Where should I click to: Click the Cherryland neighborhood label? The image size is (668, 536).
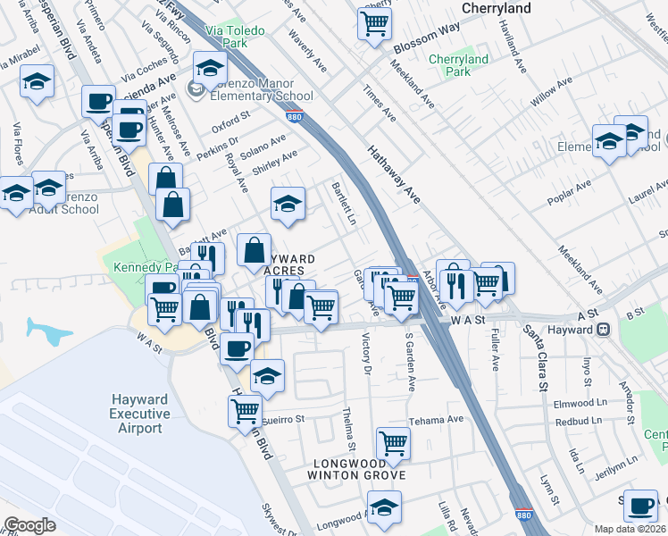pyautogui.click(x=497, y=8)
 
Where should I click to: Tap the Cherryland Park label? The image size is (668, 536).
pyautogui.click(x=458, y=65)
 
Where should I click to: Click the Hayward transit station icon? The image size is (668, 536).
pyautogui.click(x=605, y=330)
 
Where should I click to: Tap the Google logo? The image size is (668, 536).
pyautogui.click(x=29, y=525)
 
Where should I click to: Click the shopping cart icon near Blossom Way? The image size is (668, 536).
pyautogui.click(x=374, y=22)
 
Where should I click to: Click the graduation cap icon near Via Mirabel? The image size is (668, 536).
pyautogui.click(x=38, y=82)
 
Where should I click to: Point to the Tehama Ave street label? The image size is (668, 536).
pyautogui.click(x=437, y=419)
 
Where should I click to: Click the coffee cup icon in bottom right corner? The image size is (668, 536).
pyautogui.click(x=640, y=506)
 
